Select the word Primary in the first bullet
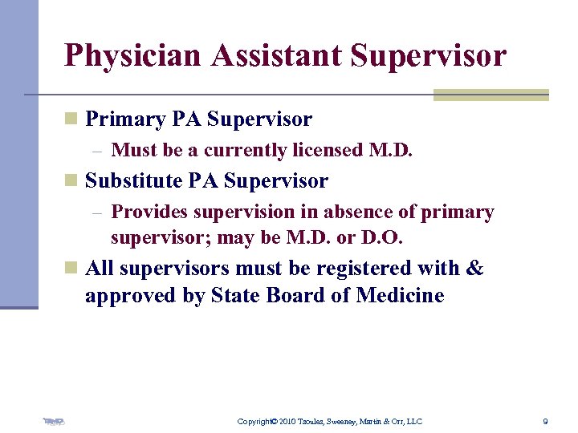pos(124,119)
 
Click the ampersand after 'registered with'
pos(474,268)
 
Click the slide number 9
pos(545,421)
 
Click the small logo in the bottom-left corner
pos(54,420)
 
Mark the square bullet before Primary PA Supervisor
pos(71,119)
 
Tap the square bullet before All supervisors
pos(71,268)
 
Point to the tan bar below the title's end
pos(490,95)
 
